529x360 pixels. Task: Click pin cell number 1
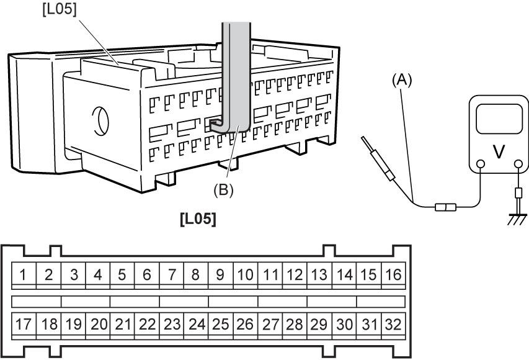click(24, 274)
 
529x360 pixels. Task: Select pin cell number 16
click(393, 274)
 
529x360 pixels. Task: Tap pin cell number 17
click(24, 325)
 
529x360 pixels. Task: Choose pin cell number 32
click(393, 325)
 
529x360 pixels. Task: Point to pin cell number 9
click(221, 274)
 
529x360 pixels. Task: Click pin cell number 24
click(196, 325)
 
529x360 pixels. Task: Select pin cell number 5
click(122, 274)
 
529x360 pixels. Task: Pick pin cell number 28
click(295, 325)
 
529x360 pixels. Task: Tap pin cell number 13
click(319, 274)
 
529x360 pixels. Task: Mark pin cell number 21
click(122, 325)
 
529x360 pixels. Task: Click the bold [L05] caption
click(198, 219)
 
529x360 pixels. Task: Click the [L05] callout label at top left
click(60, 9)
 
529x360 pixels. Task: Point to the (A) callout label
click(402, 81)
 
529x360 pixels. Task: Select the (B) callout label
click(223, 190)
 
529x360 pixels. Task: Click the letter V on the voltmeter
click(499, 151)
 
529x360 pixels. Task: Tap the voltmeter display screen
click(499, 119)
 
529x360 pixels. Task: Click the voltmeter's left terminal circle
click(481, 164)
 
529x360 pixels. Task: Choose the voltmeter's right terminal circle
click(518, 164)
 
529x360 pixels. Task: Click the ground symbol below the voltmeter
click(518, 219)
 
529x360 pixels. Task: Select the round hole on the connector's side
click(100, 121)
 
